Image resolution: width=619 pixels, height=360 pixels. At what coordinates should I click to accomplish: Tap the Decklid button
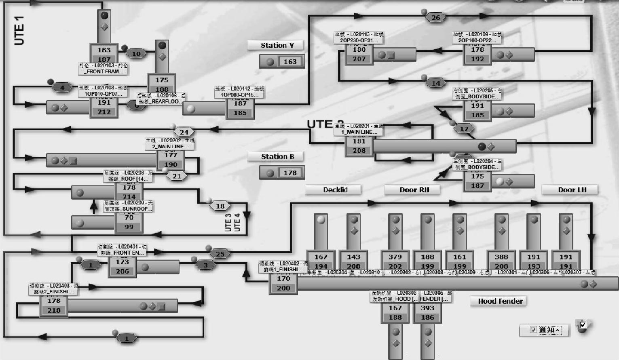click(x=335, y=189)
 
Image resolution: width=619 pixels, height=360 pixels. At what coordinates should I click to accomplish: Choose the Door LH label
click(x=572, y=189)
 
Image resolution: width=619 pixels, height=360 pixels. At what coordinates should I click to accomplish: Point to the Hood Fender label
click(x=500, y=301)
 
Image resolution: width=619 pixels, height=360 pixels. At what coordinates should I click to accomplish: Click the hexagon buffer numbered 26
click(x=435, y=17)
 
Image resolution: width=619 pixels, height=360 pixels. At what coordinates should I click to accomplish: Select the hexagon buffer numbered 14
click(x=435, y=83)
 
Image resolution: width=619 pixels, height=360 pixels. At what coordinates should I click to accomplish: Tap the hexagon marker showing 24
click(x=184, y=132)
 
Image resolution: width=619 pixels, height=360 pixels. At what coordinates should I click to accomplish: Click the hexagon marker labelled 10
click(x=136, y=54)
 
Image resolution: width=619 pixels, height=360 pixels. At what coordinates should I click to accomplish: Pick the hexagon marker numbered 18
click(x=220, y=206)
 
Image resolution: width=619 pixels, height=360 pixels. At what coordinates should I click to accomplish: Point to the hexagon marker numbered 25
click(x=220, y=254)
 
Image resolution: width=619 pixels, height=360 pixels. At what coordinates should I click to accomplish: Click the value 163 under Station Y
click(x=290, y=61)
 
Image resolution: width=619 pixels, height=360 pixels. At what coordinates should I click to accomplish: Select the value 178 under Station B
click(x=290, y=173)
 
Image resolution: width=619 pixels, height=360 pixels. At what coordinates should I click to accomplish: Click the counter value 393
click(x=427, y=308)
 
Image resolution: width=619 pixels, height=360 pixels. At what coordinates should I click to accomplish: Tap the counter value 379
click(x=395, y=257)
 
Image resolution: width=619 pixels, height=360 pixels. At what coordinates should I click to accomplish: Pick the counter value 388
click(x=501, y=257)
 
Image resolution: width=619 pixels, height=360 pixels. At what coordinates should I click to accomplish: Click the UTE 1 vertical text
click(x=19, y=30)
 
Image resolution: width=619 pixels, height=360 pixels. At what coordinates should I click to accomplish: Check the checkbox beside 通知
click(x=533, y=330)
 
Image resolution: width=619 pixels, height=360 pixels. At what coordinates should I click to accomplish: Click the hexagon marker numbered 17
click(x=464, y=129)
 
